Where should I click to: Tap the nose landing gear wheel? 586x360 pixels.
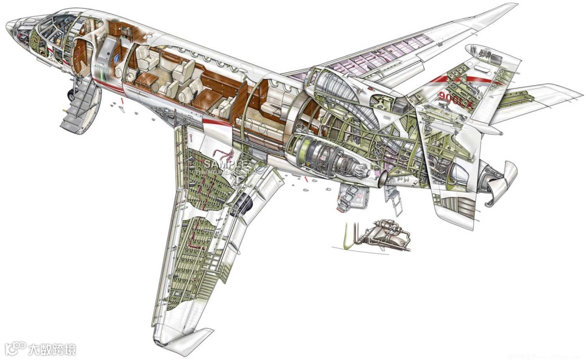71,94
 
